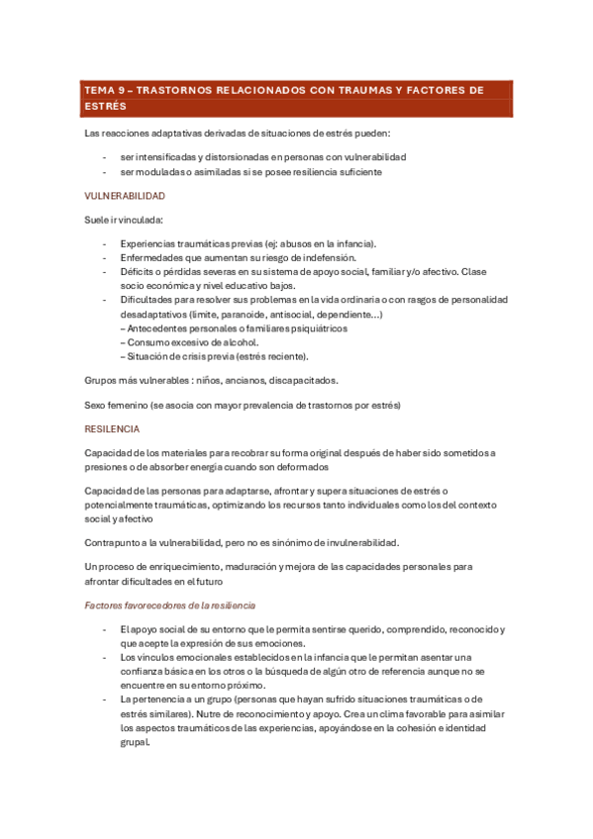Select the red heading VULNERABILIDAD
coord(125,196)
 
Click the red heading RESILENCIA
coord(113,428)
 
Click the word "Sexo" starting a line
coord(96,404)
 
